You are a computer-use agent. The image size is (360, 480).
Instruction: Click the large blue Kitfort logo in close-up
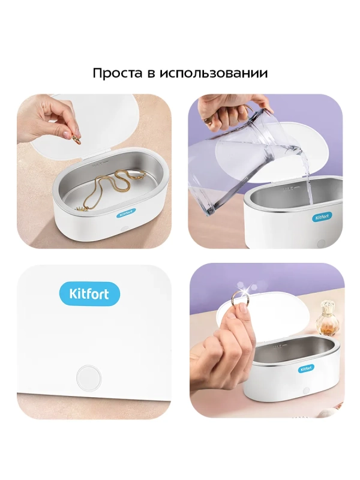click(x=89, y=295)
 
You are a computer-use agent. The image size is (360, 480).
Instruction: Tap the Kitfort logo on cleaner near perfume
click(x=306, y=368)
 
